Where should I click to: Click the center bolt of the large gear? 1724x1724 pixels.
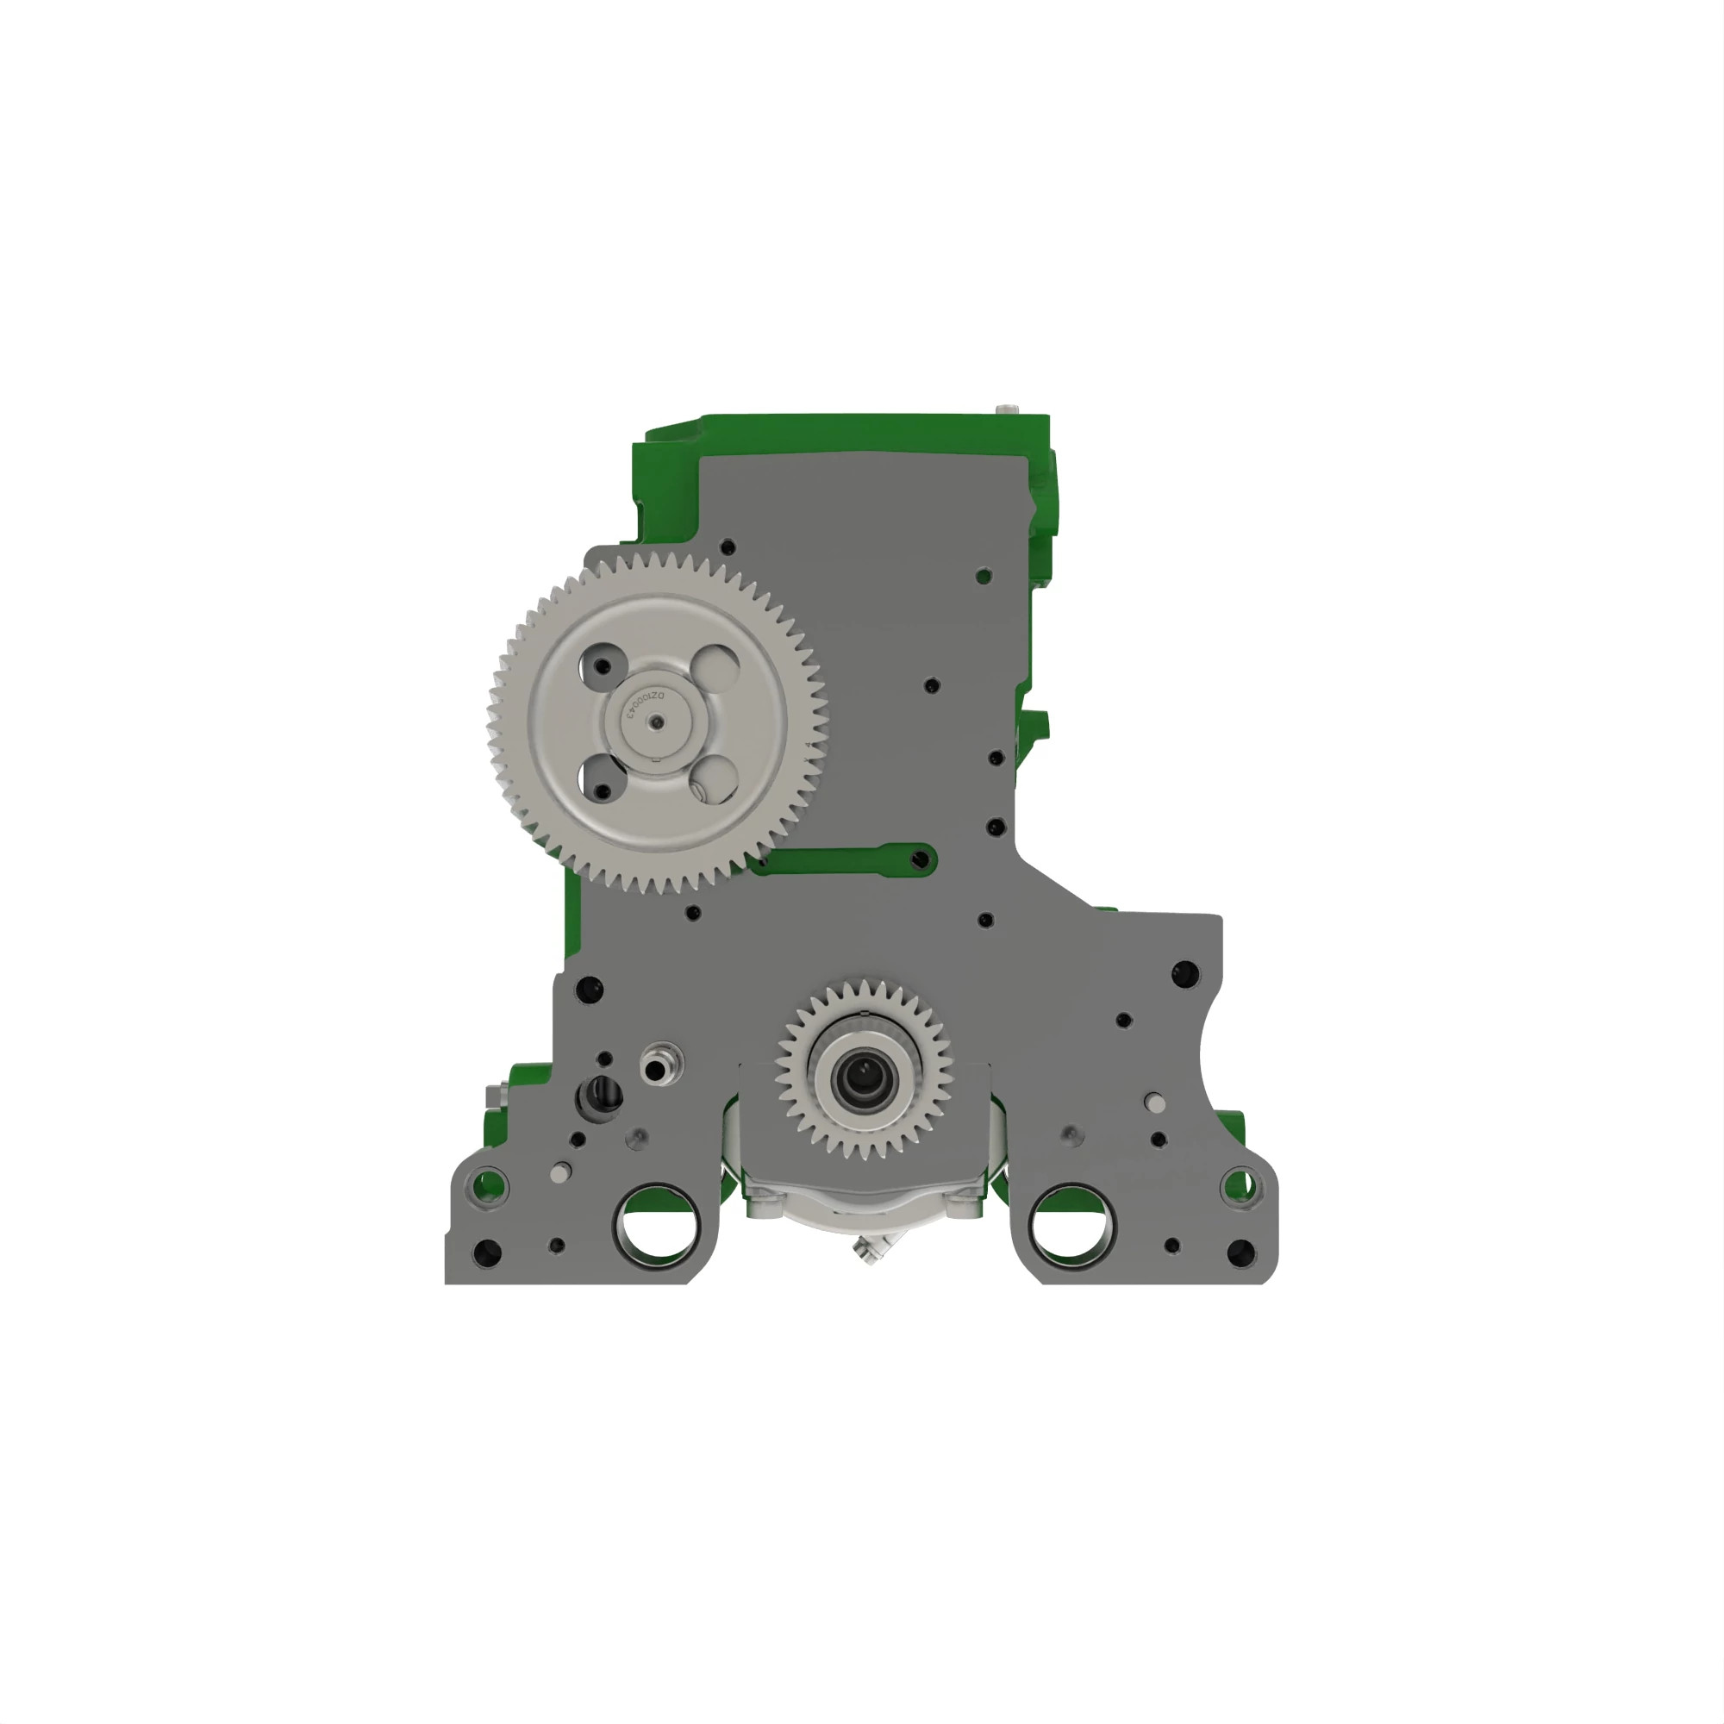point(657,723)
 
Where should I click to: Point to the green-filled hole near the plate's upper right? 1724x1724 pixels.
point(984,577)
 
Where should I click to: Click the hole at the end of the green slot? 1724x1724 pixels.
point(921,860)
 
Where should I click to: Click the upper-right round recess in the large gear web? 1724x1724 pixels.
point(715,665)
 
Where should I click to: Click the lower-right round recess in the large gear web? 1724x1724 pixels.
point(714,779)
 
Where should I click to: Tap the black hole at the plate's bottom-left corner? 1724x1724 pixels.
point(486,1252)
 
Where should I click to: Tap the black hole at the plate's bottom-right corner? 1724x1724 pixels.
point(1240,1252)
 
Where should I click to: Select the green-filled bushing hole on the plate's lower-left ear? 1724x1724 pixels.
point(488,1187)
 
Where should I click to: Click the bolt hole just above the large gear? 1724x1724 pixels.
point(728,547)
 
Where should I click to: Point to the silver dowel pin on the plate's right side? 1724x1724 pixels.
point(1154,1105)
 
